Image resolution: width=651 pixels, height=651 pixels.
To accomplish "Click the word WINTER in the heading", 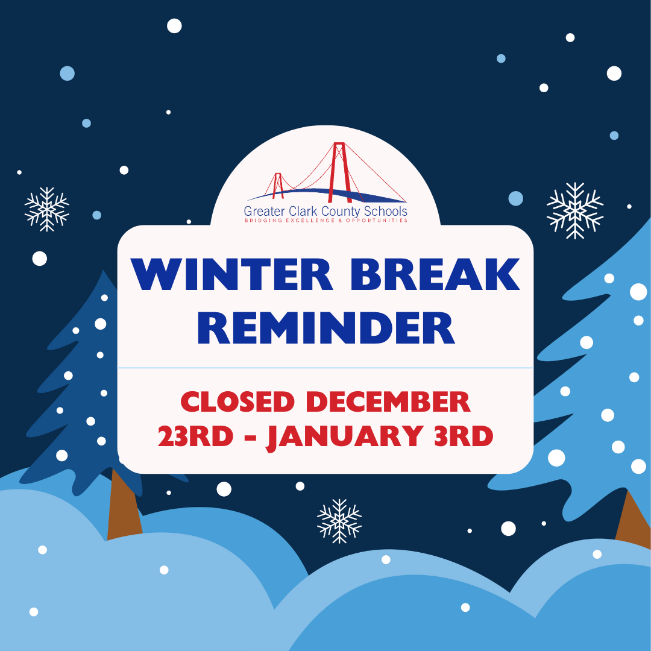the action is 232,274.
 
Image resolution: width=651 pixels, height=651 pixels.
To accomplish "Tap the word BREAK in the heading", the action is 435,274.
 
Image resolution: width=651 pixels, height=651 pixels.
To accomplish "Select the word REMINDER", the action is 326,328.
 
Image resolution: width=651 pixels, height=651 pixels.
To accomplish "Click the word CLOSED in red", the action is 237,402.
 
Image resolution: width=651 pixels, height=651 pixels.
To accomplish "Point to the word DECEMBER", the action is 388,402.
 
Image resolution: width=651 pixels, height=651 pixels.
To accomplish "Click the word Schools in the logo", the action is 386,211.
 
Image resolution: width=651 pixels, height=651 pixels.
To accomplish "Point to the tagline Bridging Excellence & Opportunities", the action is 326,221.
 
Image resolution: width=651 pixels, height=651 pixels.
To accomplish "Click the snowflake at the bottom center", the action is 339,521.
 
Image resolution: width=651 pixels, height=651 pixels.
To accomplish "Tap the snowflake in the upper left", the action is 47,209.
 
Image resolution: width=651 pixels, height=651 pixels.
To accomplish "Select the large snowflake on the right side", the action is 575,210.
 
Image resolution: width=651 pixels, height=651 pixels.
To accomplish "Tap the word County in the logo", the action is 341,212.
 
